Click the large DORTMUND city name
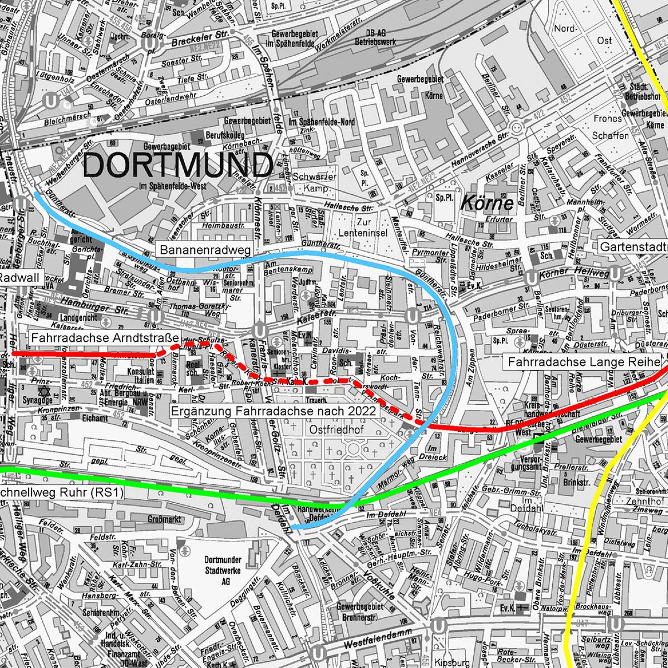click(178, 165)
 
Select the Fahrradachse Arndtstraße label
click(104, 338)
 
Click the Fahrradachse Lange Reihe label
click(581, 362)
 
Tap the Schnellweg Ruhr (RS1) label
click(61, 493)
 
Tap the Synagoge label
click(40, 400)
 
